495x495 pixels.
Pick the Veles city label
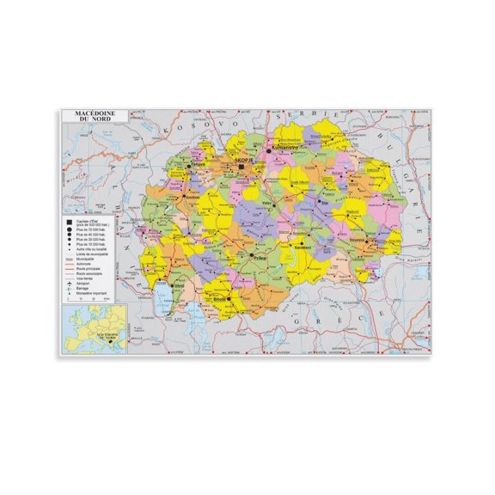[x=266, y=203]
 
